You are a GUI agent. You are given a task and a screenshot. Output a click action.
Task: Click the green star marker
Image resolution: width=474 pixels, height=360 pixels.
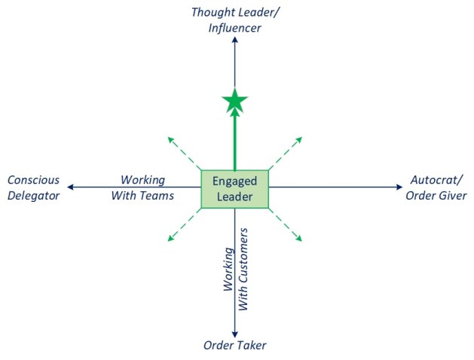click(x=235, y=99)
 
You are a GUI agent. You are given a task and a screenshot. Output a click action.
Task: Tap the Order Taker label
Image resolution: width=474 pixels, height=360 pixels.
click(x=234, y=346)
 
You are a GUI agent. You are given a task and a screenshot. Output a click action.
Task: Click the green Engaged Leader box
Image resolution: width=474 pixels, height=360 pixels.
click(x=234, y=188)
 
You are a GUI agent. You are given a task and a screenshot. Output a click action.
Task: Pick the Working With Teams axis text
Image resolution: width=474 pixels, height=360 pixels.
click(x=147, y=188)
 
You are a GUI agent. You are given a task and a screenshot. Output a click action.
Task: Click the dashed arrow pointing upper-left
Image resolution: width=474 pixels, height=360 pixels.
click(x=183, y=153)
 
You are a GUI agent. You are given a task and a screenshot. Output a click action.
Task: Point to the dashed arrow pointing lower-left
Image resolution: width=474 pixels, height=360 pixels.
click(x=183, y=225)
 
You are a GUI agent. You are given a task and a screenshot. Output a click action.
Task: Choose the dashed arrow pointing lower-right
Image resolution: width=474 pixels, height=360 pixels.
click(x=286, y=225)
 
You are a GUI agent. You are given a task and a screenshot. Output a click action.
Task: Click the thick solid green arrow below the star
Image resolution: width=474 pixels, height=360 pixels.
click(x=235, y=139)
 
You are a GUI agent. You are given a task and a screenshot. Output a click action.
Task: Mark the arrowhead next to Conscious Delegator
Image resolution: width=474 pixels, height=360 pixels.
click(x=69, y=187)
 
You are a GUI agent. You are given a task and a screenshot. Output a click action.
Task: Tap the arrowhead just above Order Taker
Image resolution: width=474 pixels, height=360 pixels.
click(x=235, y=333)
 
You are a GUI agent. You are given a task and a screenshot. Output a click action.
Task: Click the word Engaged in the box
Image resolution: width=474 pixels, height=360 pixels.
click(x=234, y=182)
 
